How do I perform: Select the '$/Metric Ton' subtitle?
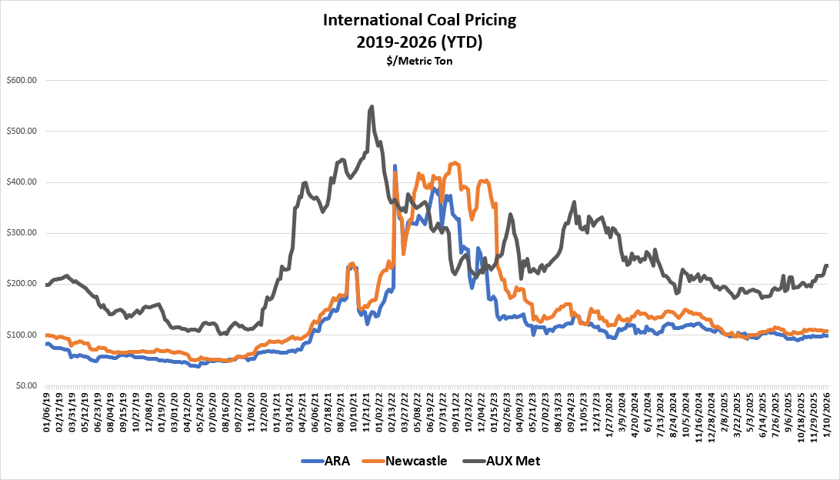click(x=419, y=61)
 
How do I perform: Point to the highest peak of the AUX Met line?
click(x=372, y=107)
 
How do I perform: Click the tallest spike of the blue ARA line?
click(x=395, y=165)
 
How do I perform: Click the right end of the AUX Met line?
click(x=828, y=265)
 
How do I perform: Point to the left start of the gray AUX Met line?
click(x=47, y=285)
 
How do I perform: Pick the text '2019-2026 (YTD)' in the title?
click(x=419, y=43)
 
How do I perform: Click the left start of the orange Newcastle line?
click(x=47, y=335)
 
